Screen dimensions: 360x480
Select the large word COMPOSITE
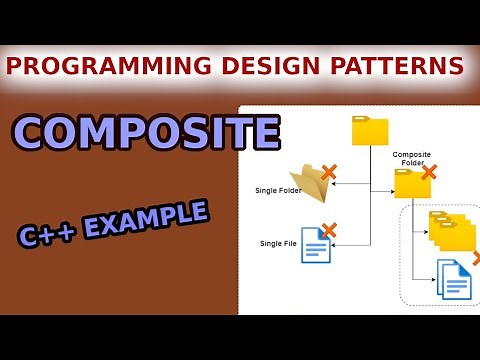pyautogui.click(x=146, y=132)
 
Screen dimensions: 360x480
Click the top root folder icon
pyautogui.click(x=370, y=131)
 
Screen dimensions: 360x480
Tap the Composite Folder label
pyautogui.click(x=411, y=159)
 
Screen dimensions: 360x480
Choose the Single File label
pyautogui.click(x=278, y=243)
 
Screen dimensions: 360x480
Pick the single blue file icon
pyautogui.click(x=316, y=244)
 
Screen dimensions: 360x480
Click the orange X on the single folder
pyautogui.click(x=329, y=171)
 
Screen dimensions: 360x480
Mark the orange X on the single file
pyautogui.click(x=329, y=230)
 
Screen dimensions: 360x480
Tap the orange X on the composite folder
pyautogui.click(x=429, y=172)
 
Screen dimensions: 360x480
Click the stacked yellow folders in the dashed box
pyautogui.click(x=451, y=230)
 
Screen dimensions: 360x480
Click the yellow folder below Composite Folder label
pyautogui.click(x=411, y=183)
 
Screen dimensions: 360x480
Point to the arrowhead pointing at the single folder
pyautogui.click(x=336, y=184)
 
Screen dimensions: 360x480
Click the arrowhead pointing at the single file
pyautogui.click(x=336, y=243)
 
